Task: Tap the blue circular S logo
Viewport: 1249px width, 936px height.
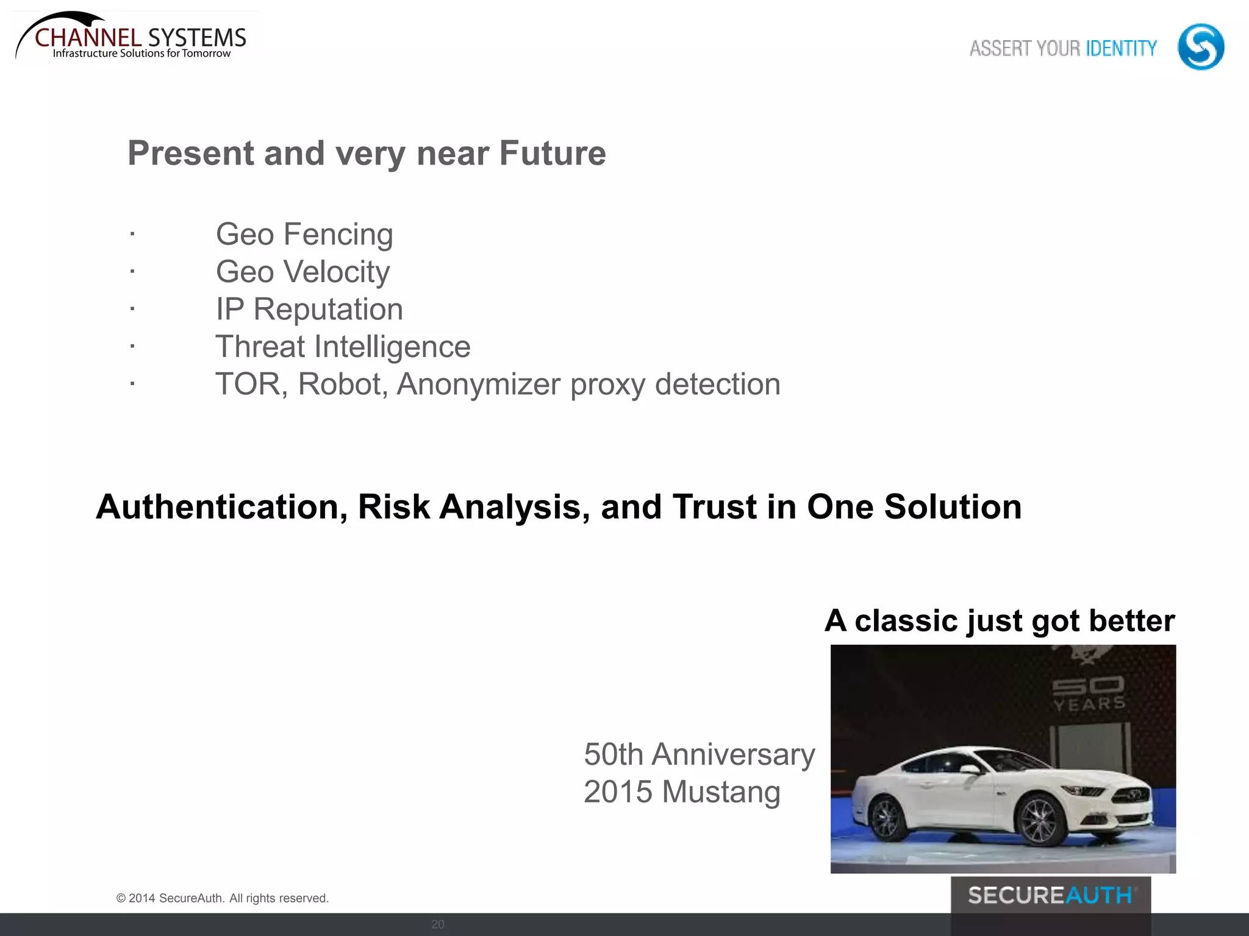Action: [x=1200, y=47]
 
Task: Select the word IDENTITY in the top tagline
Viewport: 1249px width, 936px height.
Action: [x=1121, y=48]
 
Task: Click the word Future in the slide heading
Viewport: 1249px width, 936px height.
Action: [x=553, y=153]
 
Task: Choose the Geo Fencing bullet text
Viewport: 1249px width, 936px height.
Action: [x=304, y=235]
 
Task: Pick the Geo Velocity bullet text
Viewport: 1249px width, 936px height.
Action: [x=302, y=272]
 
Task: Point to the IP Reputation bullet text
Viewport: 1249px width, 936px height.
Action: [x=309, y=310]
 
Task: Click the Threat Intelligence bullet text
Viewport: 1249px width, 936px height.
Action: [x=343, y=347]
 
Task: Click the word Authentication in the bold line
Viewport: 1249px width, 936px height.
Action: [x=221, y=507]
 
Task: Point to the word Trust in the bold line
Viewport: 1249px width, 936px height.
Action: [x=714, y=507]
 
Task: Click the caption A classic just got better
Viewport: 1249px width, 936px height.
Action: [x=1000, y=621]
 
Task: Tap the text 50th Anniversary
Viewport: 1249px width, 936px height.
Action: [x=699, y=754]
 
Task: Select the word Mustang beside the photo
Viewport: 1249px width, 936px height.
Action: [x=721, y=792]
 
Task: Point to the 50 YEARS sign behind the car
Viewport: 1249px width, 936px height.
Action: [x=1089, y=695]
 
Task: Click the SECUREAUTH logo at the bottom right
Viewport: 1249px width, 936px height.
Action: [x=1050, y=896]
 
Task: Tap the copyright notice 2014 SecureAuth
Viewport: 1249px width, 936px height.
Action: [x=223, y=898]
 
